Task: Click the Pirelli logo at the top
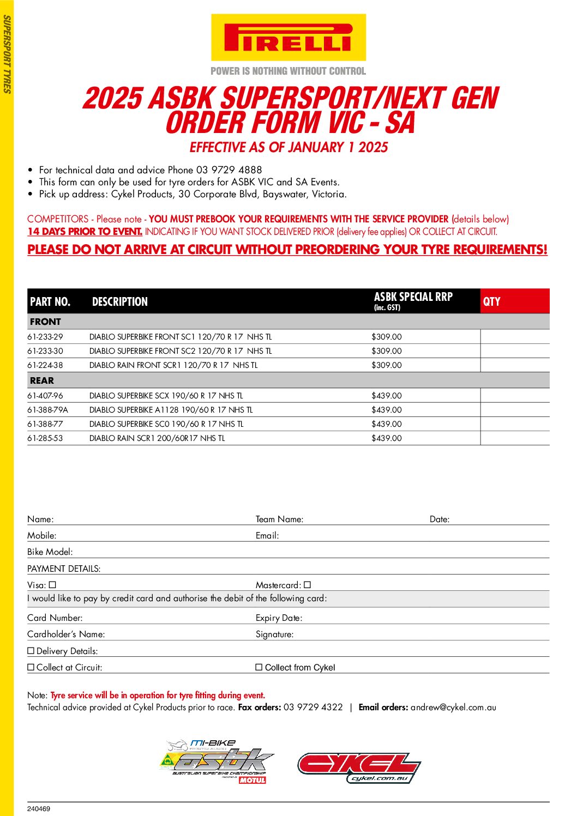[x=288, y=38]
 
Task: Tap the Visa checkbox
[x=52, y=585]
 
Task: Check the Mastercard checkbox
[x=308, y=585]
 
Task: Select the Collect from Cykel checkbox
[x=259, y=667]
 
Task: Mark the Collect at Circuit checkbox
[x=31, y=667]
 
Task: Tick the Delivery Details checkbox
[x=31, y=651]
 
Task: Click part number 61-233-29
[x=45, y=337]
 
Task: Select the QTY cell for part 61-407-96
[x=514, y=396]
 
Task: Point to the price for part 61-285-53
[x=387, y=438]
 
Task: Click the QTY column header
[x=491, y=302]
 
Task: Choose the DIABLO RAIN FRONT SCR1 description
[x=173, y=365]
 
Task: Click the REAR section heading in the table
[x=42, y=380]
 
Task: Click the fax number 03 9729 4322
[x=313, y=708]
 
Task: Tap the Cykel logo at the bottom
[x=359, y=767]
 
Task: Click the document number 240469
[x=39, y=809]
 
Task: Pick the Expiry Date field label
[x=279, y=618]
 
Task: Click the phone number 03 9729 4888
[x=229, y=170]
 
